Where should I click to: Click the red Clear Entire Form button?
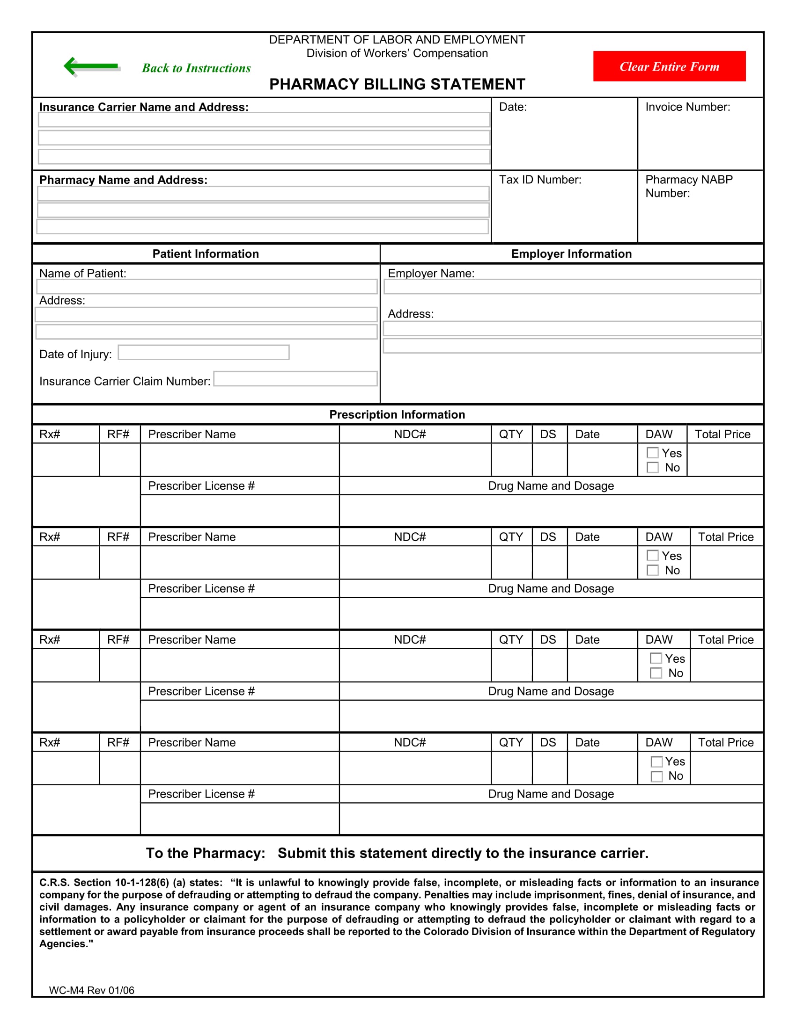(669, 66)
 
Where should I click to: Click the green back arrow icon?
(91, 66)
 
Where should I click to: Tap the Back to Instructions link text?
(196, 68)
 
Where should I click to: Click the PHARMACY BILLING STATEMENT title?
(397, 84)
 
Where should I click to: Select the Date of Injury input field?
(203, 352)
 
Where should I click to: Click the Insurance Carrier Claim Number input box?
(295, 379)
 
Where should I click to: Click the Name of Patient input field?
(206, 286)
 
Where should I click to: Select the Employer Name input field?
(572, 286)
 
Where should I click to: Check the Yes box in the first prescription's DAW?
(653, 453)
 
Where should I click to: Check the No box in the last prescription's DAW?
(656, 776)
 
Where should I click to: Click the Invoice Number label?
(687, 108)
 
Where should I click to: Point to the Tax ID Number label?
(540, 180)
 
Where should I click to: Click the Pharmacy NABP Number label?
(688, 186)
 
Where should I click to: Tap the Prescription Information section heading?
(397, 414)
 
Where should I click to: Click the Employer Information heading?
(571, 254)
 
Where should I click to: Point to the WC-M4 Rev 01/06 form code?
(91, 990)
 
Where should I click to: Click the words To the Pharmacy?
(206, 853)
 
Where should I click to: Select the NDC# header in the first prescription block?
(410, 435)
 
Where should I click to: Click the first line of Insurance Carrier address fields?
(264, 120)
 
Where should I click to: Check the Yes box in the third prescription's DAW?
(656, 658)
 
